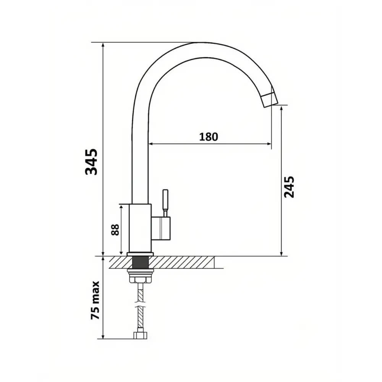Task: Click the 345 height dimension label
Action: [91, 162]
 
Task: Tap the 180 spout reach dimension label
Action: [209, 137]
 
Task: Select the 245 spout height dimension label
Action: [289, 187]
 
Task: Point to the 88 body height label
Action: [115, 230]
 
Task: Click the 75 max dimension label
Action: [95, 300]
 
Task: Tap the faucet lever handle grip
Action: [165, 199]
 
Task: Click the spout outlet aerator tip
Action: [269, 100]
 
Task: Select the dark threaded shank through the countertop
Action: [140, 262]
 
